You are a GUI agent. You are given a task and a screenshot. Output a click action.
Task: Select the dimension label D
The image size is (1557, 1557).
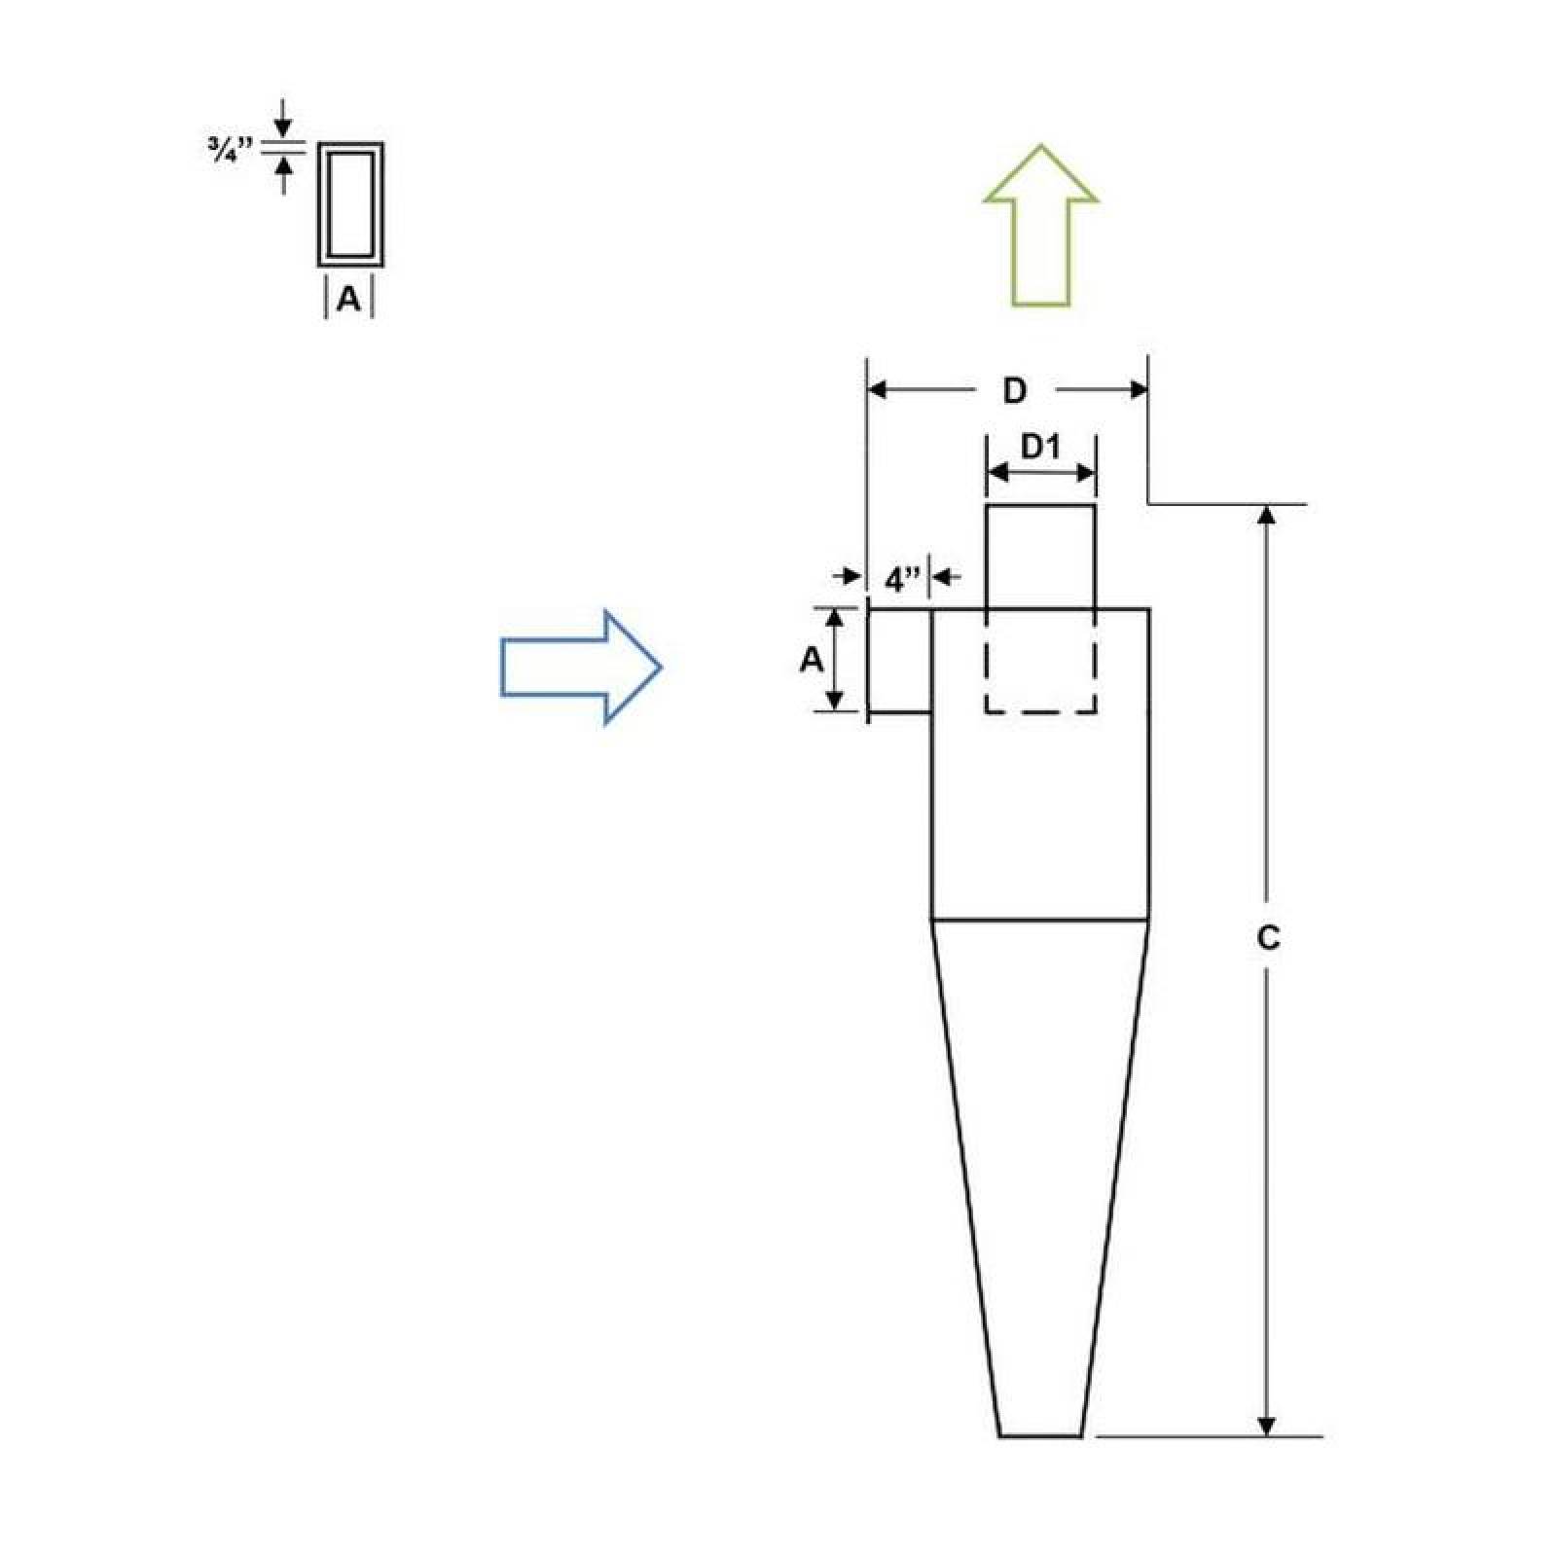click(x=1014, y=391)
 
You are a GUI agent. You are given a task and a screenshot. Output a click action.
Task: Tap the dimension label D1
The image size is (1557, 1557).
click(x=1039, y=448)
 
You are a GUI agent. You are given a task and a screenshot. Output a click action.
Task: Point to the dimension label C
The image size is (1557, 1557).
click(x=1268, y=938)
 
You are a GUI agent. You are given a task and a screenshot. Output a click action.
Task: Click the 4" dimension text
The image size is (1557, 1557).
click(x=902, y=581)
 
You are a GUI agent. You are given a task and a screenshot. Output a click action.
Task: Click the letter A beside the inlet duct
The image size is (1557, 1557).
click(x=811, y=661)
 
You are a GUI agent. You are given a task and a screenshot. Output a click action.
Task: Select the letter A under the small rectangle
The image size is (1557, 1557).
click(x=348, y=300)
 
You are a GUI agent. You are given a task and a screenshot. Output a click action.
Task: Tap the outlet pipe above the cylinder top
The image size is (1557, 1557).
click(x=1040, y=555)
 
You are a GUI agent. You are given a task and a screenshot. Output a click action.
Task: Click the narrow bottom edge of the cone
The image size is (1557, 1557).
click(x=1040, y=1435)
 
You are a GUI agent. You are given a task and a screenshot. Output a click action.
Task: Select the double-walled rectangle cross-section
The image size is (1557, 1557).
click(x=350, y=204)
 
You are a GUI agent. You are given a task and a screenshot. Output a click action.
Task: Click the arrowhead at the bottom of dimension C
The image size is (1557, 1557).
click(x=1266, y=1426)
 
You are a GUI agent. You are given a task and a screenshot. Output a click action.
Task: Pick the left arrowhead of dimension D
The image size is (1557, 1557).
click(x=877, y=391)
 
